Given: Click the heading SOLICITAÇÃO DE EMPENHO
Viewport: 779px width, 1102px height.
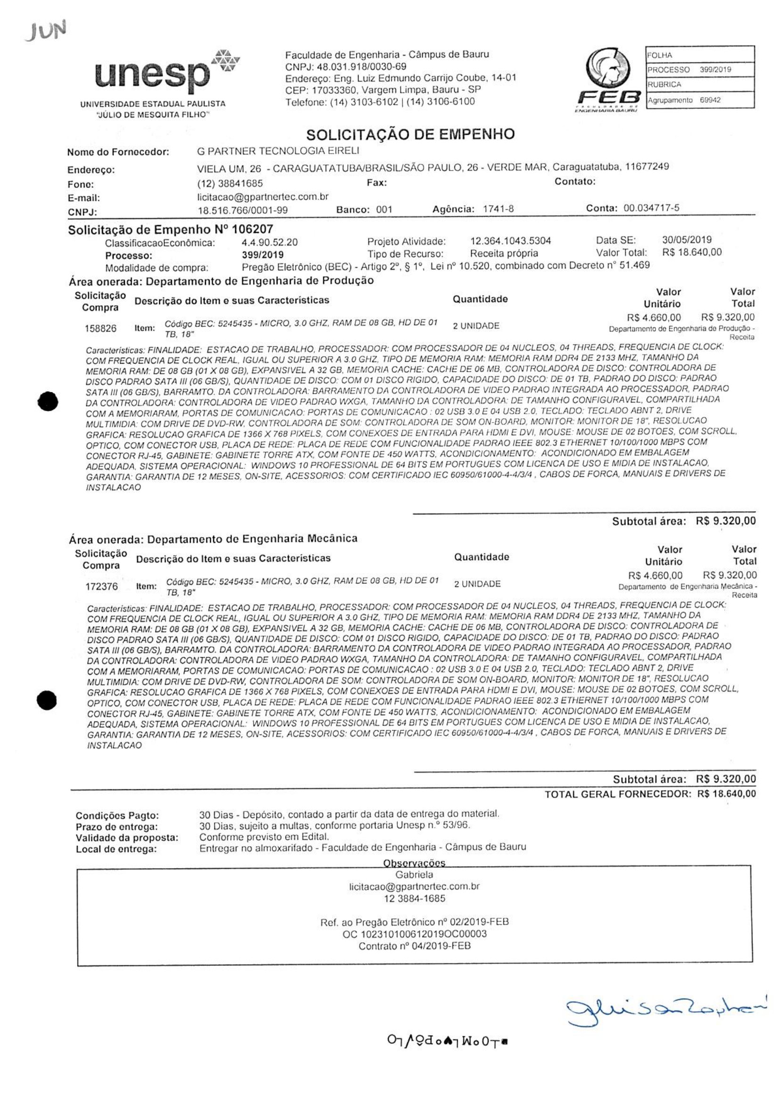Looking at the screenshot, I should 410,134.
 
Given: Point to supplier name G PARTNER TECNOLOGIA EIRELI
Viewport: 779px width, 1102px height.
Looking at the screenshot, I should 278,151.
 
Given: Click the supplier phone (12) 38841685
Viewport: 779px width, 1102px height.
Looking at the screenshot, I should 230,184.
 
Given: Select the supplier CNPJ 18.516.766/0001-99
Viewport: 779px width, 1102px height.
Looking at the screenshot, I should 242,210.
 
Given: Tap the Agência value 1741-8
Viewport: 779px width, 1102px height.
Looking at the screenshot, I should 498,209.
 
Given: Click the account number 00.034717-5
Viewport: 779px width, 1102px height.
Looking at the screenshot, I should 651,208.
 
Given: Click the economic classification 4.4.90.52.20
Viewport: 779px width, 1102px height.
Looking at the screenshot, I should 269,243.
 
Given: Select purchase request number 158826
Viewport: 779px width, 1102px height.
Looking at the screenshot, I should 100,329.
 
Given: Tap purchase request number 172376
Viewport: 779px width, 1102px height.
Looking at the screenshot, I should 101,587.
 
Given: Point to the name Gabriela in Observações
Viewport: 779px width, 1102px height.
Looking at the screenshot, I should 414,874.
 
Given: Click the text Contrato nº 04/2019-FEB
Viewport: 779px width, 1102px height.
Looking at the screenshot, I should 414,946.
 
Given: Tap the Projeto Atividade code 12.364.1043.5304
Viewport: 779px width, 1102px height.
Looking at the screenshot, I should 510,241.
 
